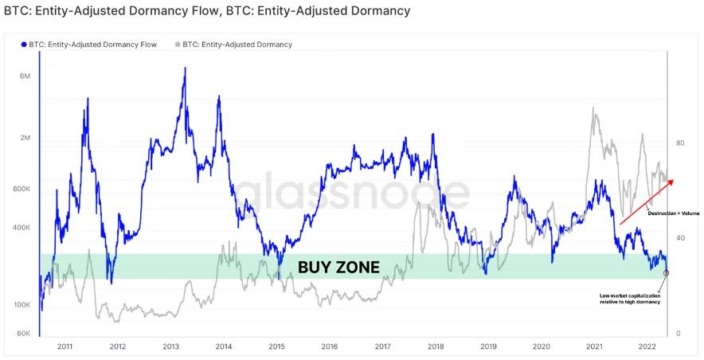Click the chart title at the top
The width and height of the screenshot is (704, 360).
pyautogui.click(x=207, y=11)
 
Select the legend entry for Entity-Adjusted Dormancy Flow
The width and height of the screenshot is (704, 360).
pyautogui.click(x=88, y=45)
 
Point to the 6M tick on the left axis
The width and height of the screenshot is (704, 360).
pyautogui.click(x=25, y=76)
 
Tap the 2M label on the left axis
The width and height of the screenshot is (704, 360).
pyautogui.click(x=25, y=139)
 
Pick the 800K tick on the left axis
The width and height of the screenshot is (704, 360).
pyautogui.click(x=22, y=190)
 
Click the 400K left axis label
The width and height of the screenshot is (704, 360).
pyautogui.click(x=22, y=228)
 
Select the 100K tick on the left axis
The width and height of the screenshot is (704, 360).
pyautogui.click(x=22, y=305)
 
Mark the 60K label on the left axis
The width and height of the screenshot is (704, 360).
pyautogui.click(x=24, y=333)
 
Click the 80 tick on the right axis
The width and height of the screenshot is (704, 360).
pyautogui.click(x=680, y=143)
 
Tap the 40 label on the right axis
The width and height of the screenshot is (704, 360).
pyautogui.click(x=680, y=238)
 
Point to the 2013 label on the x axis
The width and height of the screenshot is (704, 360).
pyautogui.click(x=171, y=346)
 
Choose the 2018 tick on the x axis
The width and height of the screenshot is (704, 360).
pyautogui.click(x=436, y=346)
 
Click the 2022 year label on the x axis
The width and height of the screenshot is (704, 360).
pyautogui.click(x=647, y=346)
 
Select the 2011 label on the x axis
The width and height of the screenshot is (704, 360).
pyautogui.click(x=65, y=346)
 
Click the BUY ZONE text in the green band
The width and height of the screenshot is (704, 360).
pyautogui.click(x=338, y=267)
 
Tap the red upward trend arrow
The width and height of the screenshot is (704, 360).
pyautogui.click(x=647, y=198)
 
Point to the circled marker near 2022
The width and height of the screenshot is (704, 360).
pyautogui.click(x=666, y=272)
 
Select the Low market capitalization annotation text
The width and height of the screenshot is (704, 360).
pyautogui.click(x=631, y=299)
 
